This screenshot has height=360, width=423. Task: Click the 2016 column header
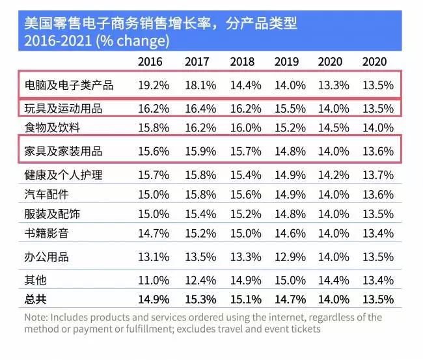click(x=150, y=62)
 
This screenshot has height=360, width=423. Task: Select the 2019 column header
click(x=286, y=62)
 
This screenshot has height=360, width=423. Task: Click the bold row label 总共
click(x=37, y=299)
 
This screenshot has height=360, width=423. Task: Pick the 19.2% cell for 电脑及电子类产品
click(x=154, y=85)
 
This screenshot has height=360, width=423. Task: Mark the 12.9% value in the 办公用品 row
click(x=286, y=256)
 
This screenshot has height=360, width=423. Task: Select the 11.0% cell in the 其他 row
click(x=154, y=281)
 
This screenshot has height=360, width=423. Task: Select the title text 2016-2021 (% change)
click(x=96, y=41)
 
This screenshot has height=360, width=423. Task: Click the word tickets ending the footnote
click(x=303, y=329)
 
